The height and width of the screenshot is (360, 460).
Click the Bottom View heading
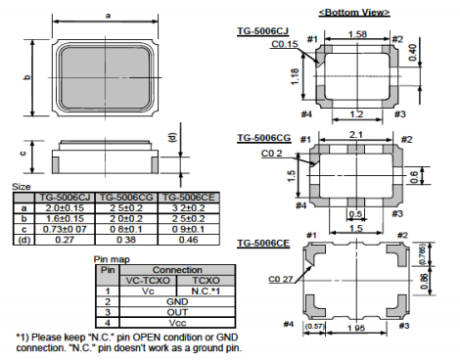tap(354, 13)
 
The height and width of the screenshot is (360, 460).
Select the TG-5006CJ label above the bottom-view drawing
tap(262, 31)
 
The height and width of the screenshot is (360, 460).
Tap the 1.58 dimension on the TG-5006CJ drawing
tap(357, 34)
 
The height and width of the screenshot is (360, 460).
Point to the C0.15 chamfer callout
tap(285, 44)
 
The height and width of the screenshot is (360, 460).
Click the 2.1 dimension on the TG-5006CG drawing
tap(356, 134)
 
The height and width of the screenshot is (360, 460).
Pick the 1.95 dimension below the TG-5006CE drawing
tap(356, 328)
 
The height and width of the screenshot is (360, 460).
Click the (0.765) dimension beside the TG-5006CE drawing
tap(422, 253)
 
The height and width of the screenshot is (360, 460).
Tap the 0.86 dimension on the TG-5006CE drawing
tap(424, 282)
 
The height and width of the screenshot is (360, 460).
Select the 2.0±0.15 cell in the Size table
tap(65, 207)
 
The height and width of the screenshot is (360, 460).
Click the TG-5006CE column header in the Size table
tap(189, 198)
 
